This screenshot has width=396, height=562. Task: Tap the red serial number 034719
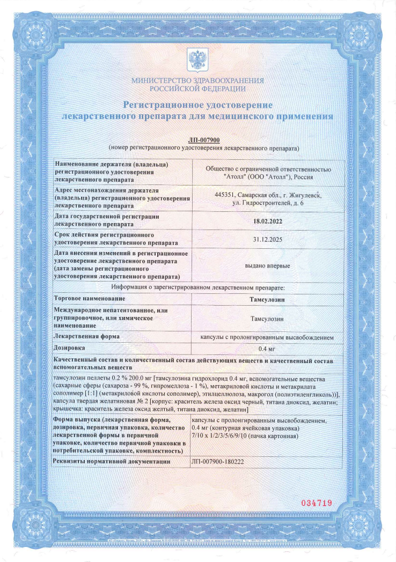(x=317, y=503)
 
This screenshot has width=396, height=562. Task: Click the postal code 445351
(x=225, y=196)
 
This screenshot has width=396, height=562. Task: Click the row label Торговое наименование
(x=90, y=298)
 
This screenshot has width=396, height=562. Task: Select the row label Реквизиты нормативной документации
(x=113, y=461)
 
